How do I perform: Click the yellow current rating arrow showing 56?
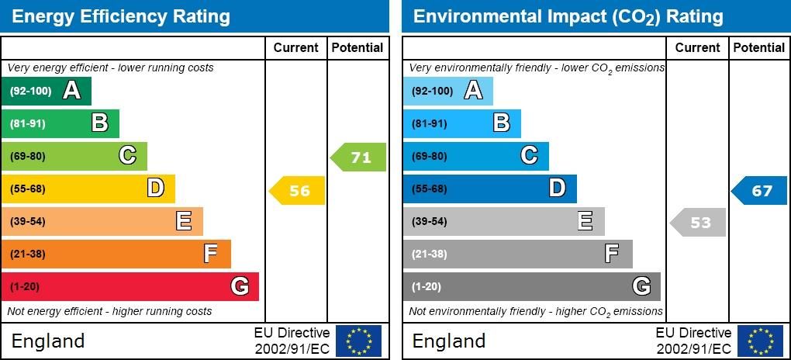297,191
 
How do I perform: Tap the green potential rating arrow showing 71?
358,157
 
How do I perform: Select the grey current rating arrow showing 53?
698,223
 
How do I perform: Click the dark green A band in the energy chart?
47,91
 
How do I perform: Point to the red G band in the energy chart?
130,286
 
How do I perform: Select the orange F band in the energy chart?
116,254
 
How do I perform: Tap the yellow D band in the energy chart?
88,189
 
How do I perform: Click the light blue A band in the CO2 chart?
447,91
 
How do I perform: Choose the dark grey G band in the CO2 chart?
531,286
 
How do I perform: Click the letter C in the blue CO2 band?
529,156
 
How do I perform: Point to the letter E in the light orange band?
184,221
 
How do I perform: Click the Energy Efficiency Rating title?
122,16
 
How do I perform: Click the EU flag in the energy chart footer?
358,341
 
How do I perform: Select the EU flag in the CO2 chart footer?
759,341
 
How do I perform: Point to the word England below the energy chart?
48,341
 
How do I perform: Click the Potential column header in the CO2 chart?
758,47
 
